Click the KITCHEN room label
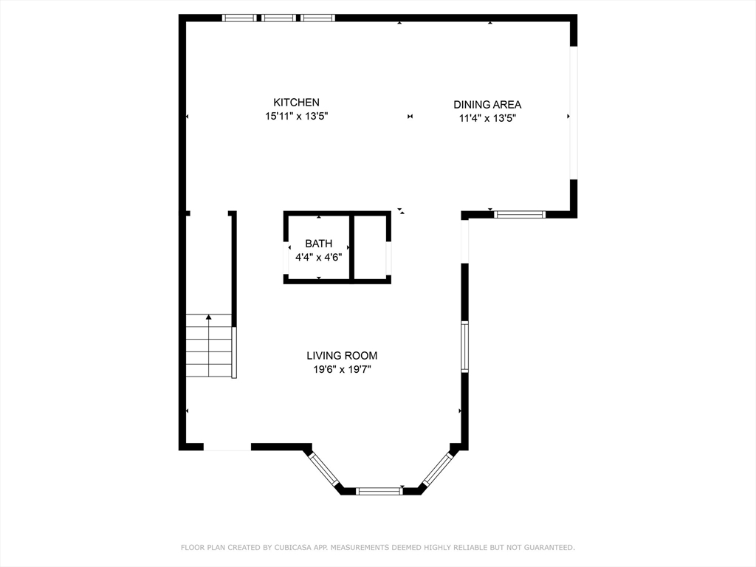296,102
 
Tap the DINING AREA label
487,104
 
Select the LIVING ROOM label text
342,356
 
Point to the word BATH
319,244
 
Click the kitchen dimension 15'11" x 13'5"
297,116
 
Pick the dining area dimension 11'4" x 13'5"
487,118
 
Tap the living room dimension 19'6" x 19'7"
342,370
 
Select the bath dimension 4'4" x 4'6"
319,258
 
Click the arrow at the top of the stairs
209,317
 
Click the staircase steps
209,346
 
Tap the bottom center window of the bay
379,491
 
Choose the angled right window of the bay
438,469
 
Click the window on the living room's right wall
464,347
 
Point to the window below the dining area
519,215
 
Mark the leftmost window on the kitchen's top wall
239,18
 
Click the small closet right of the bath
371,247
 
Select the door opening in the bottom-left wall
227,447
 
